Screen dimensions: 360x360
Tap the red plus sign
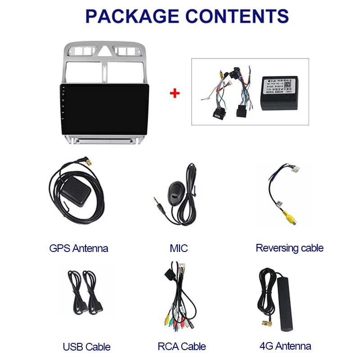click(x=175, y=94)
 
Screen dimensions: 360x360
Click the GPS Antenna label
click(x=79, y=248)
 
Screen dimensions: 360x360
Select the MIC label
click(x=179, y=248)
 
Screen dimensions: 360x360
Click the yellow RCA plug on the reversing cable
click(x=286, y=218)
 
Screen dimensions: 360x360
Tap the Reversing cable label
click(x=289, y=248)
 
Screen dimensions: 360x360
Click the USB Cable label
click(x=86, y=346)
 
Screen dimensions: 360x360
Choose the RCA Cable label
click(x=181, y=346)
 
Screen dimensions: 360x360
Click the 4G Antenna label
click(x=285, y=346)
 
